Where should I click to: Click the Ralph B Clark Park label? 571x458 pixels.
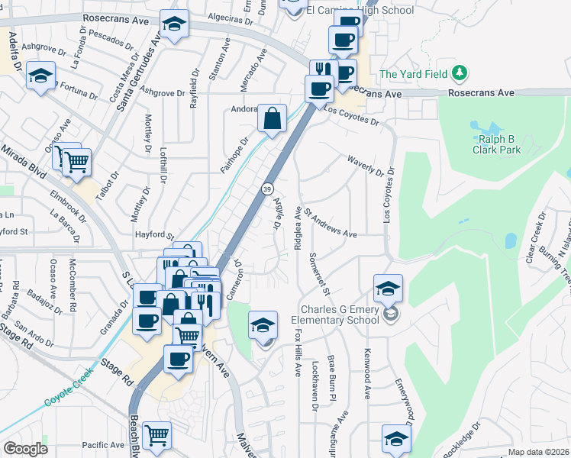pyautogui.click(x=499, y=144)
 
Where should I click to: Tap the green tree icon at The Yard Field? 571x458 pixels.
pyautogui.click(x=459, y=74)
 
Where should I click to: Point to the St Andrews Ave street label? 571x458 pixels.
pyautogui.click(x=331, y=222)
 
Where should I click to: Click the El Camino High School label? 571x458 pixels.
pyautogui.click(x=360, y=11)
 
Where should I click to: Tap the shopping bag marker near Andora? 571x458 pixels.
pyautogui.click(x=272, y=119)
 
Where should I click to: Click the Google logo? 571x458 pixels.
pyautogui.click(x=24, y=449)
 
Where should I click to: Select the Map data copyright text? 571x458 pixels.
pyautogui.click(x=538, y=452)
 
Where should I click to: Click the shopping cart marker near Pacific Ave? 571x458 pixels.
pyautogui.click(x=156, y=436)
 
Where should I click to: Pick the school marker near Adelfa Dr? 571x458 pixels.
pyautogui.click(x=40, y=76)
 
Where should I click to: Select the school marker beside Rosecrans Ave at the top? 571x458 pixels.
pyautogui.click(x=174, y=25)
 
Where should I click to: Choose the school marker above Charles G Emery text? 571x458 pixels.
pyautogui.click(x=388, y=289)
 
